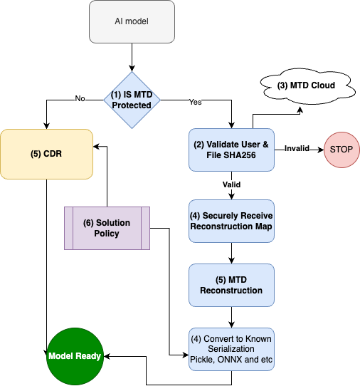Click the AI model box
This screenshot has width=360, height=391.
[x=132, y=21]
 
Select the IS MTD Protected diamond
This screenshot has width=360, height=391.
[x=132, y=100]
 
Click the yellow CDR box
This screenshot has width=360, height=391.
[x=46, y=154]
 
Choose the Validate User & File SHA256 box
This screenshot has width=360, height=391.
[x=231, y=150]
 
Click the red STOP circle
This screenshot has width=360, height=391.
[x=341, y=150]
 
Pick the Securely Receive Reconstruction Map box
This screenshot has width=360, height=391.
[x=231, y=221]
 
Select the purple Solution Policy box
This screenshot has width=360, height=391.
[x=107, y=228]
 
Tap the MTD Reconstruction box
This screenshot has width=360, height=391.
[x=231, y=285]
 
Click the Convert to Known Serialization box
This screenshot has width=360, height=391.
[x=231, y=349]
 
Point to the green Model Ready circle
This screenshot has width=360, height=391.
[x=74, y=356]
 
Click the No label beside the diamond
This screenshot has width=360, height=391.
[x=80, y=99]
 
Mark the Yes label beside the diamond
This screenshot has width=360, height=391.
[x=195, y=102]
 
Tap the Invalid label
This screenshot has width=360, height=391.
[x=297, y=148]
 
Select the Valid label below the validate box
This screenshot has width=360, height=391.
[x=231, y=184]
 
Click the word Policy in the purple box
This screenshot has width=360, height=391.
[x=107, y=234]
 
